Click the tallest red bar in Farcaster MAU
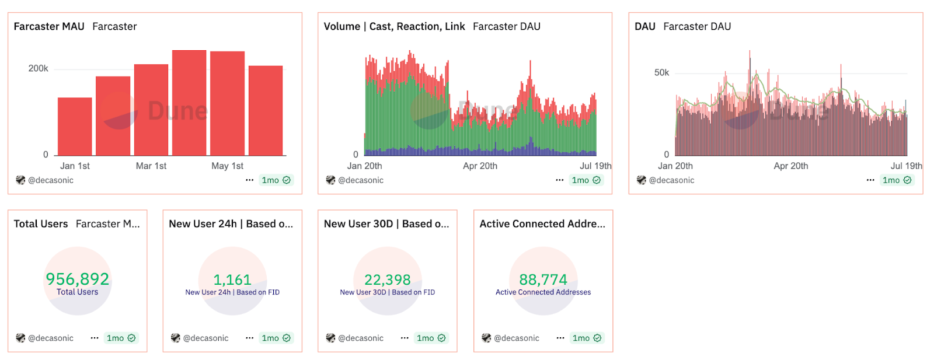point(189,103)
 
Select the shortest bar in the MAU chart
point(75,126)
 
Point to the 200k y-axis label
point(39,69)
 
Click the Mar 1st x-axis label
point(151,166)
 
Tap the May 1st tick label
point(227,166)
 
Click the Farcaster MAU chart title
point(49,26)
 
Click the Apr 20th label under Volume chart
point(480,166)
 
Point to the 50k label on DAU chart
point(661,73)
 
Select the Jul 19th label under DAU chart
point(906,166)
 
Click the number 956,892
point(78,279)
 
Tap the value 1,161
point(232,279)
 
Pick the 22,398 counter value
point(388,279)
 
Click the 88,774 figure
point(543,279)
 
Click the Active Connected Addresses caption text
point(543,292)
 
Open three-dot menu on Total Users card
point(95,338)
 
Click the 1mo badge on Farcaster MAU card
point(276,180)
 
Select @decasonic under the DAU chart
point(671,180)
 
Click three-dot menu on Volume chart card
point(559,180)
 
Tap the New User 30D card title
point(386,224)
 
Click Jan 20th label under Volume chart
point(364,166)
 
